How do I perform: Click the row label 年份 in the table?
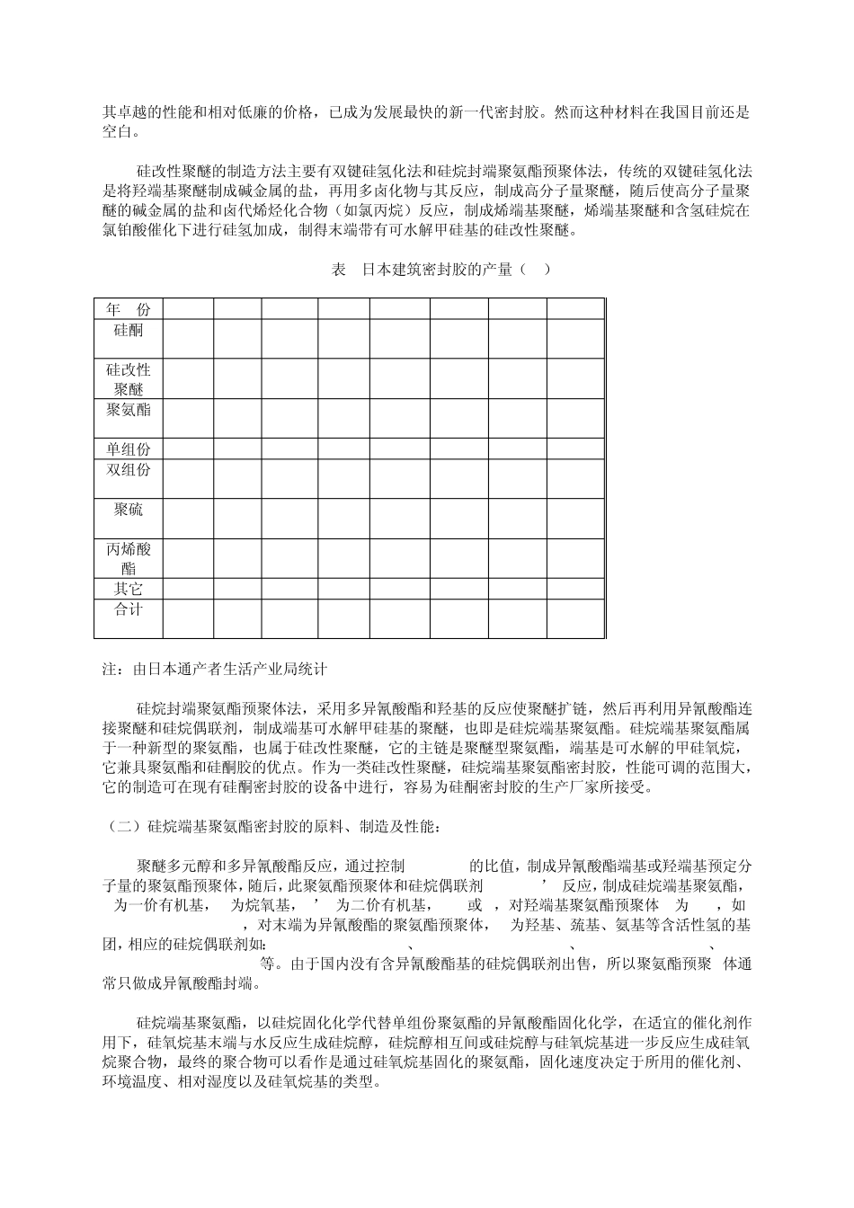click(129, 309)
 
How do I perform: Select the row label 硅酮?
click(129, 329)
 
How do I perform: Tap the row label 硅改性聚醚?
click(129, 379)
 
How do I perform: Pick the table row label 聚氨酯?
click(129, 410)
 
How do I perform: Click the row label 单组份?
click(129, 449)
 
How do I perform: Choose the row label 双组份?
click(129, 470)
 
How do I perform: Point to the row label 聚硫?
click(129, 510)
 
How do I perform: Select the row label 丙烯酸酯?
click(129, 559)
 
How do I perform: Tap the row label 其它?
click(129, 590)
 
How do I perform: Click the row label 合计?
click(129, 609)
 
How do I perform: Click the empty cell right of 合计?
click(188, 618)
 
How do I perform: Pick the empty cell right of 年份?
click(188, 309)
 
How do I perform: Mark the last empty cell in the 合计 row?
click(575, 618)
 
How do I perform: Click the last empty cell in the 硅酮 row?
click(575, 339)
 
